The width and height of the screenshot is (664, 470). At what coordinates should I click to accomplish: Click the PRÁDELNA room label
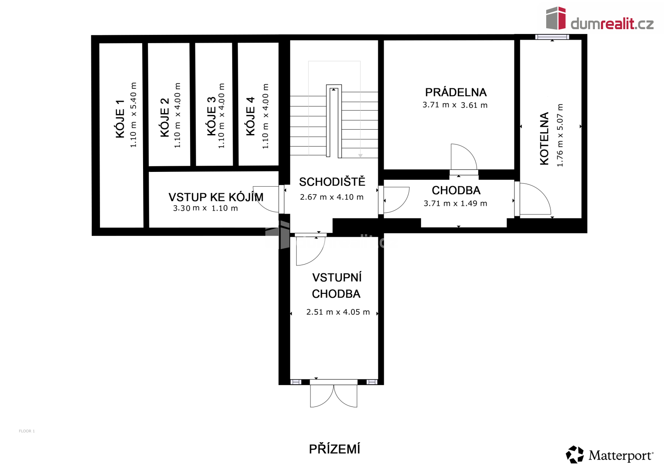(x=456, y=92)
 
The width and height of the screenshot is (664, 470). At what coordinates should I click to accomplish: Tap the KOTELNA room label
(x=544, y=138)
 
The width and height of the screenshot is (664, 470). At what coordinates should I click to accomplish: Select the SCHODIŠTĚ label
(x=332, y=181)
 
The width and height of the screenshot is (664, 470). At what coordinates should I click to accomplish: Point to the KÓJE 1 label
(x=120, y=119)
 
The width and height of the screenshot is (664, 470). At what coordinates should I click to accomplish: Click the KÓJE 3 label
(x=211, y=116)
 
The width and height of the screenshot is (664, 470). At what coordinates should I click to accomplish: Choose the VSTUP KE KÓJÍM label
(x=216, y=197)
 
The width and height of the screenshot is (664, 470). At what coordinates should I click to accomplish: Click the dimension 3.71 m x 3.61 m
(x=455, y=105)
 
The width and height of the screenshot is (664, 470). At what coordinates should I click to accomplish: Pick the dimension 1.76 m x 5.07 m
(x=560, y=135)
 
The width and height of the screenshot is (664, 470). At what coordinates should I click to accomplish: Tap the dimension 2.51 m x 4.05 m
(x=338, y=312)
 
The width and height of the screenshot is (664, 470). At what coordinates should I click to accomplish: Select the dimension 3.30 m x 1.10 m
(x=205, y=208)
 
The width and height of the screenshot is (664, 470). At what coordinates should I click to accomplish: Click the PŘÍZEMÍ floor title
(x=334, y=449)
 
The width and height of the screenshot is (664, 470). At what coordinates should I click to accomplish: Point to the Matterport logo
(x=610, y=455)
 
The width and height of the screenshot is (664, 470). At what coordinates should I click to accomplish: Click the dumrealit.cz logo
(x=600, y=18)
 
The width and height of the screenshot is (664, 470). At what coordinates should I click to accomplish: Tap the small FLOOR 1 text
(x=27, y=431)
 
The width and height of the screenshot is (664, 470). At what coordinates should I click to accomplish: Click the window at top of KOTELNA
(x=552, y=37)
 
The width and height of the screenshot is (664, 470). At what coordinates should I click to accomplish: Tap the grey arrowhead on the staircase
(x=360, y=156)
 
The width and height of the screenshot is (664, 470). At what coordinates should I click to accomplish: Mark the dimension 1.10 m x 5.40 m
(x=133, y=115)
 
